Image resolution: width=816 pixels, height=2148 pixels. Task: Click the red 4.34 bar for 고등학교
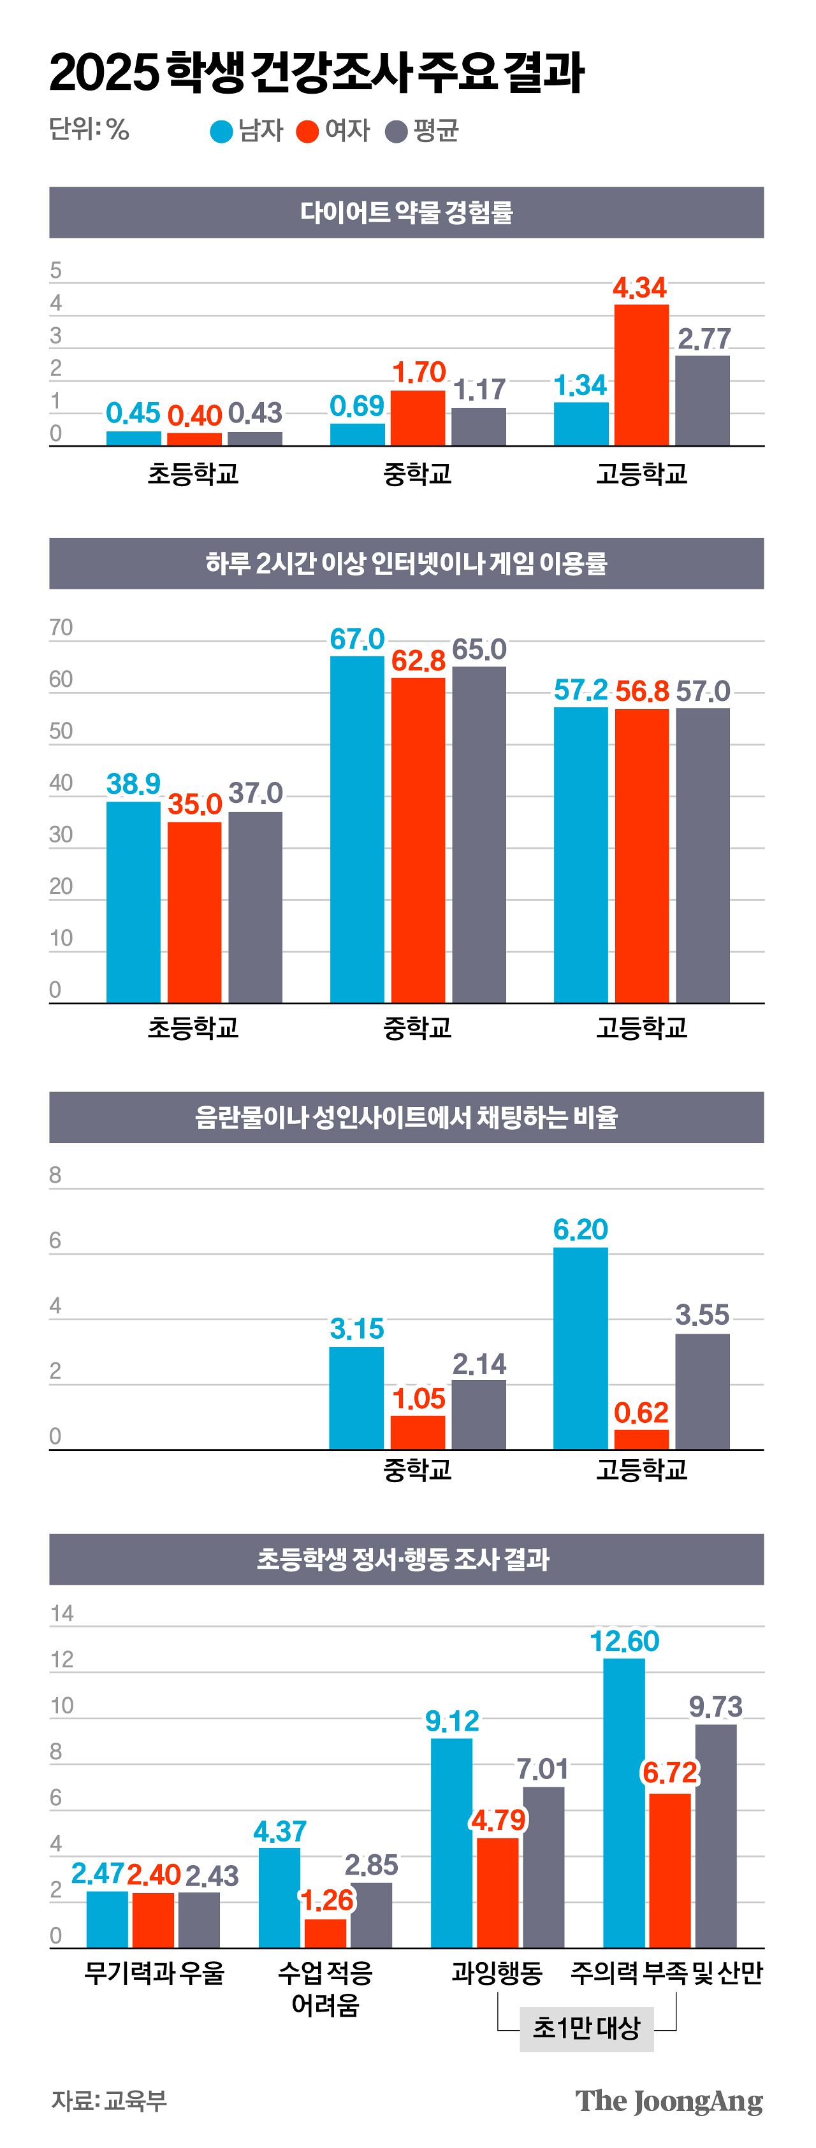point(641,375)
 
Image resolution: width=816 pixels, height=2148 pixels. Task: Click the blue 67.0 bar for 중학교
point(357,829)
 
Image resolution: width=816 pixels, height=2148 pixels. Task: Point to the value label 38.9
point(133,784)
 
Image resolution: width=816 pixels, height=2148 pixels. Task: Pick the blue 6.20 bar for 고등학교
point(581,1348)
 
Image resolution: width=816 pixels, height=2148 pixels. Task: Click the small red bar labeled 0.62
point(641,1439)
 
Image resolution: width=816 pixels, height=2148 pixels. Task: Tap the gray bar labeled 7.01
point(543,1867)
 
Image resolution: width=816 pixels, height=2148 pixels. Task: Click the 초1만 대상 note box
point(586,2027)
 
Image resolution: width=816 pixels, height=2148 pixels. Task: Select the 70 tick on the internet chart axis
point(61,628)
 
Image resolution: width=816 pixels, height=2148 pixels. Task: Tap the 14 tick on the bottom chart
point(62,1613)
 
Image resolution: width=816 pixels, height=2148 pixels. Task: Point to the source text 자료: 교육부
point(109,2100)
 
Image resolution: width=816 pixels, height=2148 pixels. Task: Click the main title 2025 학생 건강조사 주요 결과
point(317,73)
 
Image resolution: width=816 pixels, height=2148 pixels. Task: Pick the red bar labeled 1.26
point(325,1933)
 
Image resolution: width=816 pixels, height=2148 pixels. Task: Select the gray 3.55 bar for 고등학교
point(703,1392)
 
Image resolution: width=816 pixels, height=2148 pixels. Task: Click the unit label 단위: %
point(89,129)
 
